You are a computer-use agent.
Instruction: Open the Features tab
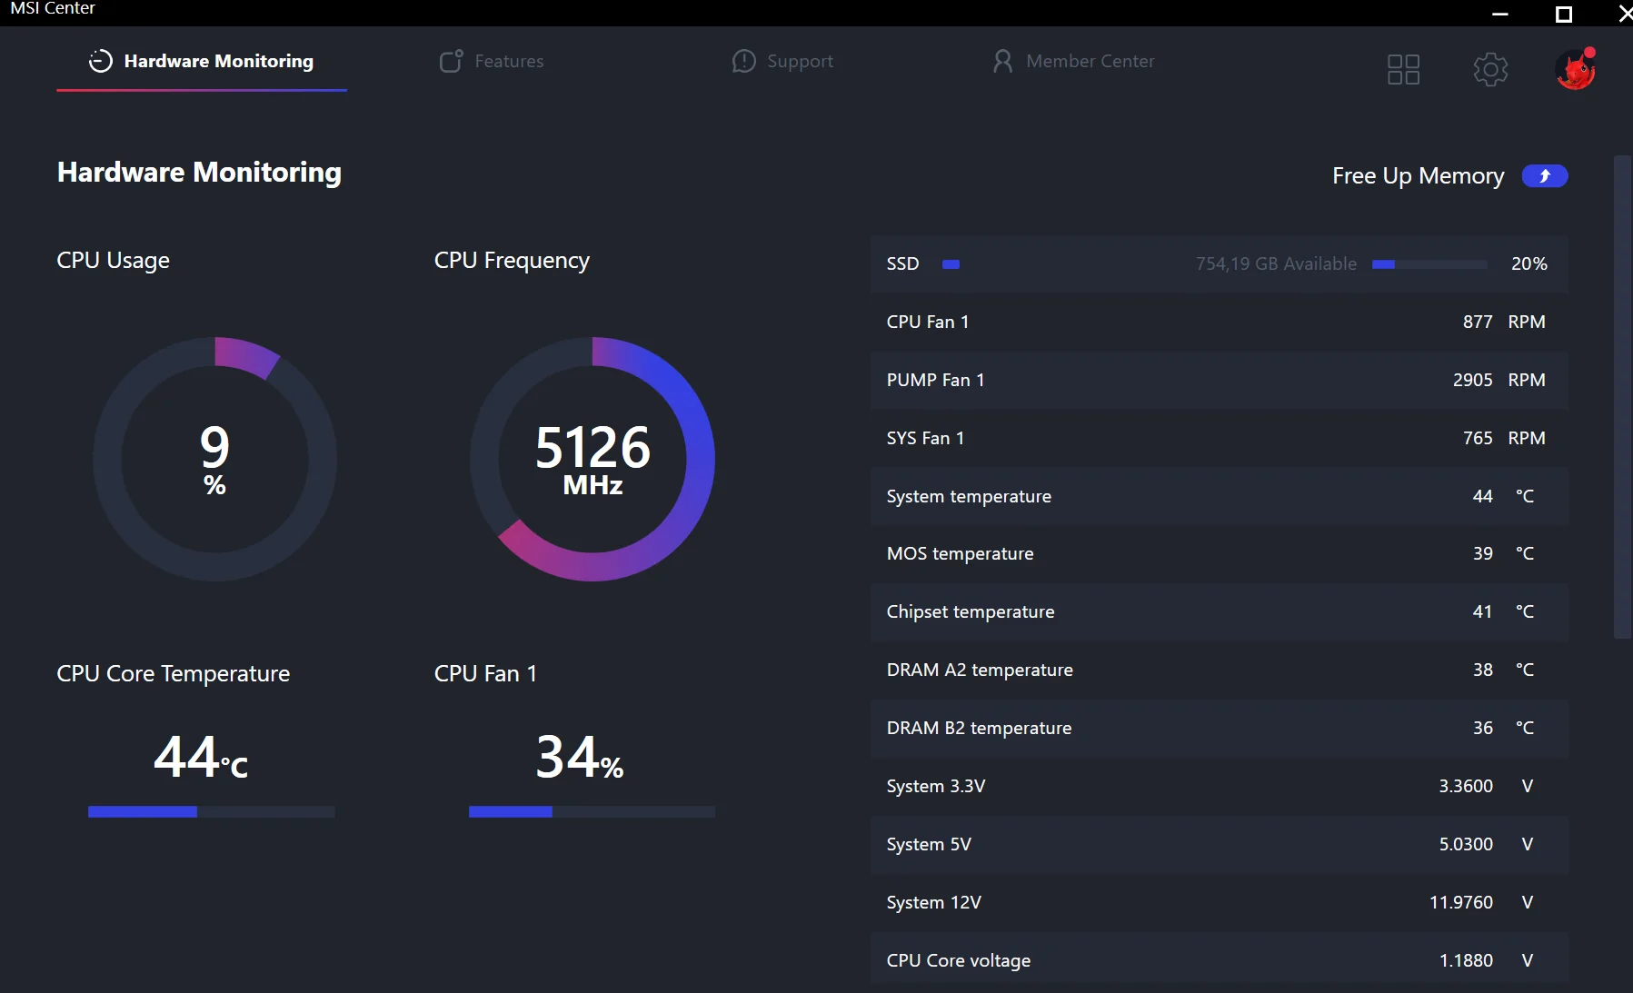click(x=492, y=61)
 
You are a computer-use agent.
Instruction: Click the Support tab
click(x=782, y=61)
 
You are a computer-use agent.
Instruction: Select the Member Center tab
click(x=1073, y=61)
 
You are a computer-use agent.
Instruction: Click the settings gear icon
click(x=1490, y=69)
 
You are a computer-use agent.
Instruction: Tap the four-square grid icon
click(x=1403, y=69)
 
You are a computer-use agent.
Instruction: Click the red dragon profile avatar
click(x=1576, y=69)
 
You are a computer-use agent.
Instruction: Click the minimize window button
click(x=1500, y=14)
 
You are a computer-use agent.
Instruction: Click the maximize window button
click(x=1564, y=14)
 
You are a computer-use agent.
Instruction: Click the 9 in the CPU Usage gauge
click(x=214, y=447)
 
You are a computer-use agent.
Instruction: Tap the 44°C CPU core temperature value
click(x=200, y=758)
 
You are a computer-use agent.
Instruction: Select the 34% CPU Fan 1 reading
click(x=579, y=758)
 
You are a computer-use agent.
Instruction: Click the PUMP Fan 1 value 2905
click(x=1472, y=380)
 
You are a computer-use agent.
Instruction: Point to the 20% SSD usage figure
click(x=1528, y=263)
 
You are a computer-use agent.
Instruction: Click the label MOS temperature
click(x=960, y=553)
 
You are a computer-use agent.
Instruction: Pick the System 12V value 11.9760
click(x=1460, y=902)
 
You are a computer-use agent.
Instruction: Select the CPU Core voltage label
click(x=958, y=960)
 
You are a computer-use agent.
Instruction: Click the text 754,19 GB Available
click(x=1276, y=263)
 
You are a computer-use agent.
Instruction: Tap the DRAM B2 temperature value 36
click(x=1482, y=728)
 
